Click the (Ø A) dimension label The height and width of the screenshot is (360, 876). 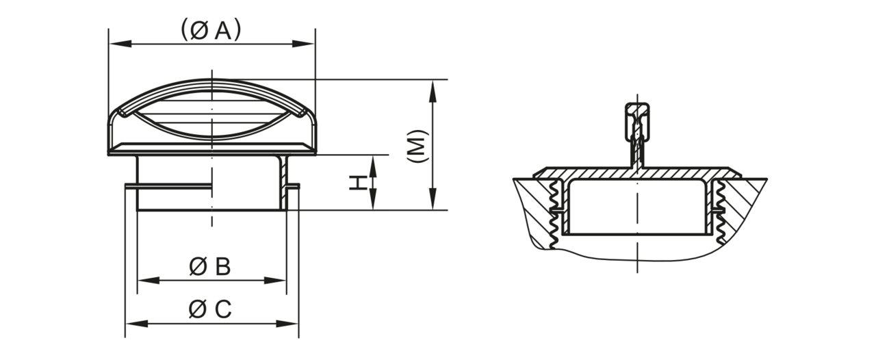point(211,30)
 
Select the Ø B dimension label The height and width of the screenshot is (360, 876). point(210,267)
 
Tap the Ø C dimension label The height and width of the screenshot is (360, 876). point(210,309)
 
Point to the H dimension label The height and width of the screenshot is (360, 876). point(358,183)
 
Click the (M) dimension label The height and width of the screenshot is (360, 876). point(418,146)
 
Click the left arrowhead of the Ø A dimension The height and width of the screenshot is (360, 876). point(120,44)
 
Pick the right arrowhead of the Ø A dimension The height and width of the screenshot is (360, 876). point(303,44)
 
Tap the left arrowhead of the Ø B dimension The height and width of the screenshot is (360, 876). point(149,280)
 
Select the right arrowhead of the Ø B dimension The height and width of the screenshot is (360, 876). point(275,280)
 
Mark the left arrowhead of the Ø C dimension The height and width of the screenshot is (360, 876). point(136,324)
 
